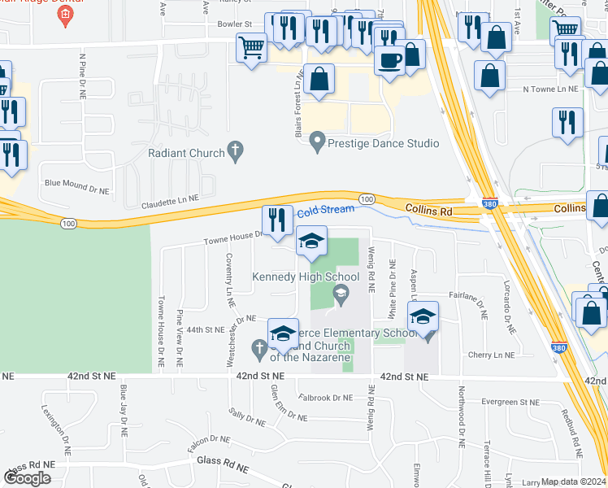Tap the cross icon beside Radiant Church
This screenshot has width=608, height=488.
[236, 150]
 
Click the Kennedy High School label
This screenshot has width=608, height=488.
[306, 277]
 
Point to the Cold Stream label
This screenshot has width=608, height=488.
[325, 210]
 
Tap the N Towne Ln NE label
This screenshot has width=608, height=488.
[550, 89]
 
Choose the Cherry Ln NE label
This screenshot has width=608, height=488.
[492, 355]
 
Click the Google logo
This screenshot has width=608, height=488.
[28, 478]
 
